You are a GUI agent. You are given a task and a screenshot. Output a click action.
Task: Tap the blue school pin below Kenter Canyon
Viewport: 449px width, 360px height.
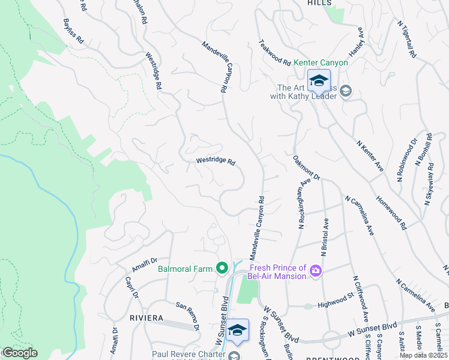point(318,81)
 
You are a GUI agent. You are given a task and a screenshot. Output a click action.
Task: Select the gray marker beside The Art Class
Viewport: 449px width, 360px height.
point(345,91)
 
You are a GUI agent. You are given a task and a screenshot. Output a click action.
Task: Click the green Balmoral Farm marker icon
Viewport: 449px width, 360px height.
point(221,268)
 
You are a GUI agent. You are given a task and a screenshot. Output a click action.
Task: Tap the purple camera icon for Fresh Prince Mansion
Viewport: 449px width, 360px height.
point(315,272)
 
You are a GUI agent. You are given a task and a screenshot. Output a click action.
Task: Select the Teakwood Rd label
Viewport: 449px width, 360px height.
point(274,53)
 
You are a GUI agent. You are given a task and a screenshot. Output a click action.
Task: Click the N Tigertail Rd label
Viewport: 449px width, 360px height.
point(406,37)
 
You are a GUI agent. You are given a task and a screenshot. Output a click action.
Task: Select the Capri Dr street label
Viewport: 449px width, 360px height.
point(132,287)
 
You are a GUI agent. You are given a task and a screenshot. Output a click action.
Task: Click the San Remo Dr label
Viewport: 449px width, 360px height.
point(187,316)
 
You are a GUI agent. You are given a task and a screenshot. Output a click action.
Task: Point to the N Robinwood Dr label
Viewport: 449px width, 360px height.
point(406,161)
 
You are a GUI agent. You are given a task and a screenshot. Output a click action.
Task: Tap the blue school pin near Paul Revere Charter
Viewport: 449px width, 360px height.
point(238,331)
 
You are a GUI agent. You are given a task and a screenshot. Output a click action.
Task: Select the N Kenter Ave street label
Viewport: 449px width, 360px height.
point(370,156)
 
